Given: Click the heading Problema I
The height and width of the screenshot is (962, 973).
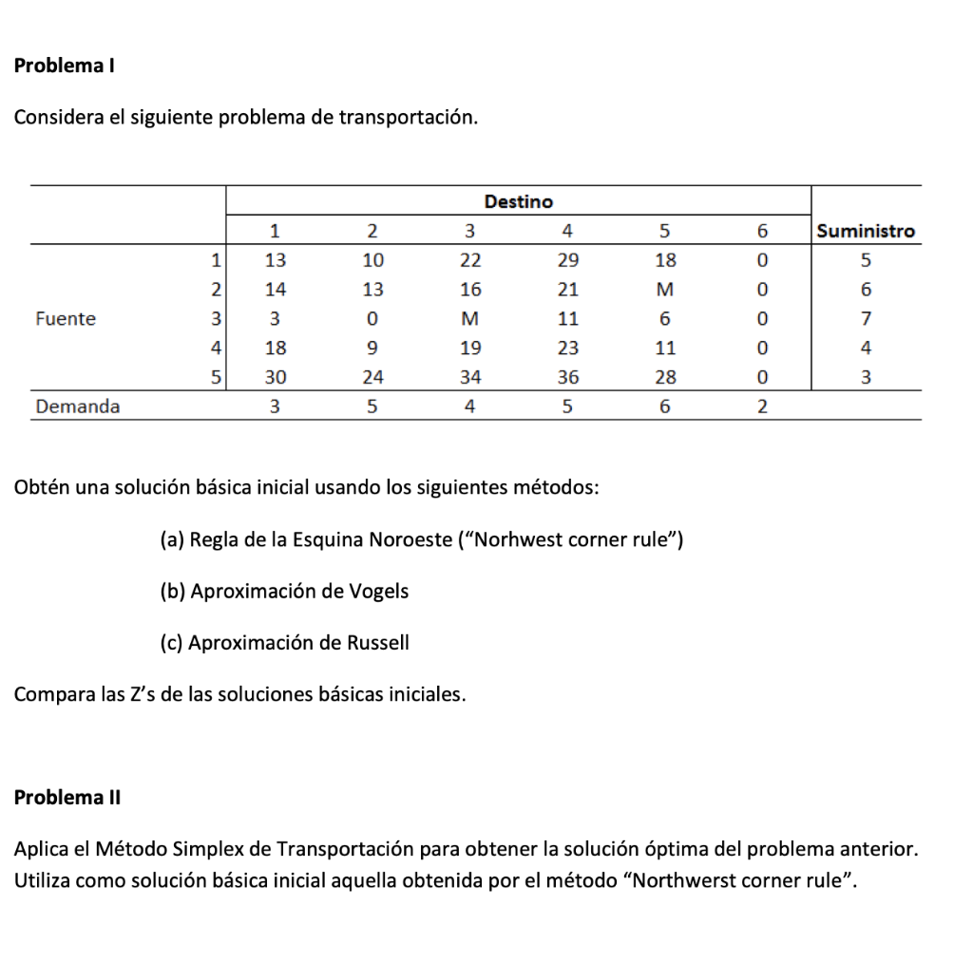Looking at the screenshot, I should click(65, 66).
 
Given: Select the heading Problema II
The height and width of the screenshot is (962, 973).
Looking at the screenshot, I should click(67, 798).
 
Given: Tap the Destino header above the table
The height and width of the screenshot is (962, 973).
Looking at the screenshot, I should click(518, 201).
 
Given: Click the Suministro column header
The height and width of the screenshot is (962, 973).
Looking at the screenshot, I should click(866, 231).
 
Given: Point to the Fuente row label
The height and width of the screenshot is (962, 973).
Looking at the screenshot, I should click(66, 319).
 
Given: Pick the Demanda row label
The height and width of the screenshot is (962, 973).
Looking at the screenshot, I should click(78, 406).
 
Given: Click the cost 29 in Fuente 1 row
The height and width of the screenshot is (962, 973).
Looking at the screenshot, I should click(567, 259).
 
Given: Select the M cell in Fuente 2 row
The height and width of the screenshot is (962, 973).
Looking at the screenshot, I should click(665, 289).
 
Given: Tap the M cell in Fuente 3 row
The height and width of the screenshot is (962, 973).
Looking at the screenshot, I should click(470, 319).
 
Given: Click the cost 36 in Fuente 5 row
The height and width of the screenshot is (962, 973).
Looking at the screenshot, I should click(567, 377).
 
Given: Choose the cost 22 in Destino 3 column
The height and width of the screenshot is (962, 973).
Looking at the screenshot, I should click(470, 259).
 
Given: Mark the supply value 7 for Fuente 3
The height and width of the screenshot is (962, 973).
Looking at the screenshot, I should click(865, 319).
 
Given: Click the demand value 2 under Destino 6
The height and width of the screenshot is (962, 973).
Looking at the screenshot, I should click(761, 406).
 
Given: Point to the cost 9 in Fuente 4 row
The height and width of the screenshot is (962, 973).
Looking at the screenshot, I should click(372, 348).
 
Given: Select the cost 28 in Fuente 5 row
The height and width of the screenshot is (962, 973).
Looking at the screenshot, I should click(665, 377).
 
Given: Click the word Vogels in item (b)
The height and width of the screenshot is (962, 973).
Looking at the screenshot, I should click(378, 592).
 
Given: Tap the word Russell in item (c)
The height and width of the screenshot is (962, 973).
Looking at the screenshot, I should click(378, 643).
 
